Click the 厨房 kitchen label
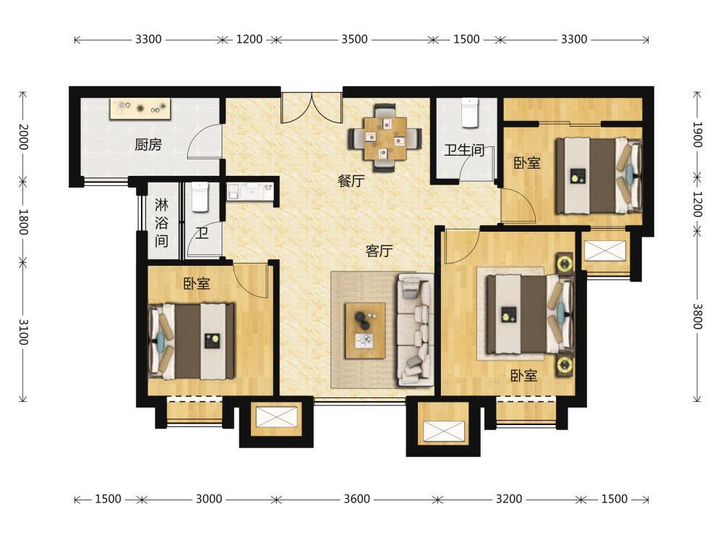[148, 145]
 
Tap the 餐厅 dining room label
[351, 180]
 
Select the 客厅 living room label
[379, 251]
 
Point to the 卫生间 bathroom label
[464, 150]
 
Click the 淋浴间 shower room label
[161, 222]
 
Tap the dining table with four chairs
[385, 138]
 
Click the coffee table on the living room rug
[365, 330]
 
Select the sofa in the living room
[415, 329]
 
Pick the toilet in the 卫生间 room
[470, 112]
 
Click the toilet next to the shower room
[200, 197]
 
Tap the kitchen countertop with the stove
[141, 109]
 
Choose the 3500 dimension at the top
[354, 39]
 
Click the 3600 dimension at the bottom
[356, 499]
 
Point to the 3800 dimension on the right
[697, 316]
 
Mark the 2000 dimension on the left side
[23, 137]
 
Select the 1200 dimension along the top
[249, 39]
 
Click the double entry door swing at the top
[312, 108]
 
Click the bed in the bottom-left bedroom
[191, 341]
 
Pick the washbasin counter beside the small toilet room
[250, 191]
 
